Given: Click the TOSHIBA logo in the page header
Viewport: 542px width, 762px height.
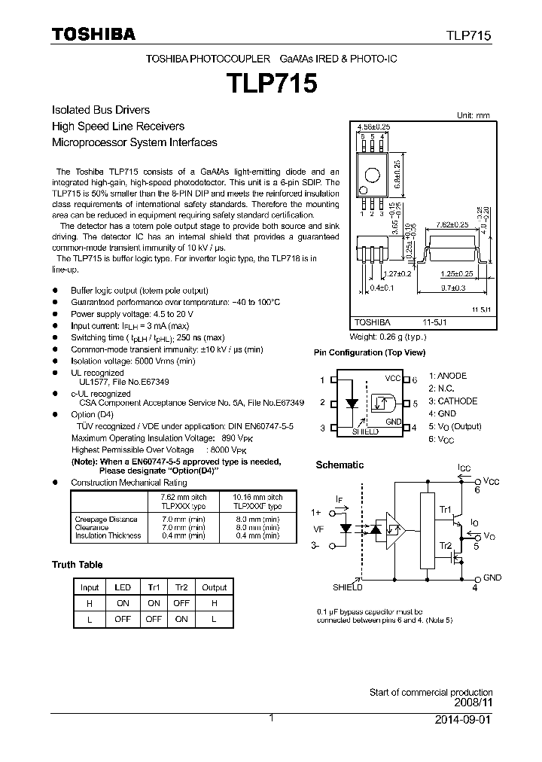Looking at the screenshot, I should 93,34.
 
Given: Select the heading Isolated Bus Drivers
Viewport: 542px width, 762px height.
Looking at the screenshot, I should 100,110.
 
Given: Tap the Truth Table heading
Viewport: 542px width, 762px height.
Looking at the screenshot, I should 77,565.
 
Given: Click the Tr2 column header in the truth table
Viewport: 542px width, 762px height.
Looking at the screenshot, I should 181,587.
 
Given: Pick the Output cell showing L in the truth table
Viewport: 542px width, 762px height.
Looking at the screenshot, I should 214,618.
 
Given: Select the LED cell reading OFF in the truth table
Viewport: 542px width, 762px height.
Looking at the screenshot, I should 123,618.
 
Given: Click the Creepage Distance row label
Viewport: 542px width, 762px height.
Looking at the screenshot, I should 106,520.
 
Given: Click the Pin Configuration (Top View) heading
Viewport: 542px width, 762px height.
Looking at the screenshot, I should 369,352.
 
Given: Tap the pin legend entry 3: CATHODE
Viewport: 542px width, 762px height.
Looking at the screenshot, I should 453,401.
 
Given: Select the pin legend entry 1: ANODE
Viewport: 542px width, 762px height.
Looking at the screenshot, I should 448,376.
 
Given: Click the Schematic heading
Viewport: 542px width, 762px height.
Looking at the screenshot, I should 340,465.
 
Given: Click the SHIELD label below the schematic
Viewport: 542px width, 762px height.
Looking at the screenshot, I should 347,587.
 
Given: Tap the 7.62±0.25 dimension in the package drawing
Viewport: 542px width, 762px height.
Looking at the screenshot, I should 452,225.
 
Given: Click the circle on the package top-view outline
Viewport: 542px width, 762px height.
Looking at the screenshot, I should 371,175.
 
